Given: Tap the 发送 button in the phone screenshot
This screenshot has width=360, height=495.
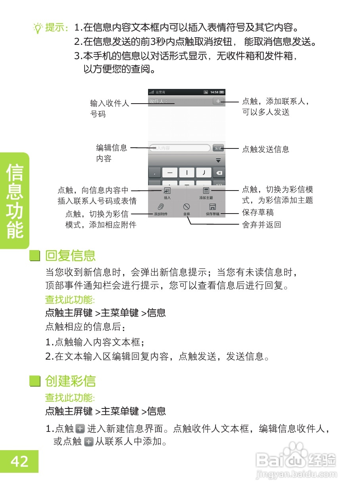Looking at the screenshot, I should click(218, 148).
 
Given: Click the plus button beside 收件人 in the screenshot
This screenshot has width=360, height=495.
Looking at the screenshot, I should click(218, 101).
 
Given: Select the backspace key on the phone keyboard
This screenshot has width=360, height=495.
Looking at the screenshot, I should click(219, 173).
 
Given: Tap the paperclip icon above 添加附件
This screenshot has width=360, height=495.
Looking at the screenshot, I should click(161, 207).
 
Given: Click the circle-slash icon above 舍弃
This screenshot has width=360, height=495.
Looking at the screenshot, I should click(187, 207).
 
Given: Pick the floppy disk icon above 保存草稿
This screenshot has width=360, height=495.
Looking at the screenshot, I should click(212, 207).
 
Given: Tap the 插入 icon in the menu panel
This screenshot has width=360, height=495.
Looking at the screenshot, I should click(167, 191).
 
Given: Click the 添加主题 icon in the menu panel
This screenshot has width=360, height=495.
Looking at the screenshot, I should click(206, 191).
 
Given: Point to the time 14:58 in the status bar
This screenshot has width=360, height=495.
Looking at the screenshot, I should click(214, 92).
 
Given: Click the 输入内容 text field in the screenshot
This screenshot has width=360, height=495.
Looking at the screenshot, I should click(179, 148).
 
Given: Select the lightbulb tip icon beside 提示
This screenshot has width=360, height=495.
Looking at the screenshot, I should click(38, 28).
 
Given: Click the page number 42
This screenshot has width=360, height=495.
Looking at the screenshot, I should click(19, 461).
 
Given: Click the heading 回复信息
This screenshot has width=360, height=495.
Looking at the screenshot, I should click(70, 256).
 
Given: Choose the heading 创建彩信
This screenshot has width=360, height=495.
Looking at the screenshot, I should click(70, 381).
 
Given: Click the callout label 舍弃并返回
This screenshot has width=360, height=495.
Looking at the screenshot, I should click(262, 225).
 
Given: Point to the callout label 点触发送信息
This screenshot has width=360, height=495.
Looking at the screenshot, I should click(266, 150).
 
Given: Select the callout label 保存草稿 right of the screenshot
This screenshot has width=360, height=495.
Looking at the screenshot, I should click(258, 213).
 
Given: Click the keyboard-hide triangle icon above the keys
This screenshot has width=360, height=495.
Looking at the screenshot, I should click(218, 160).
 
